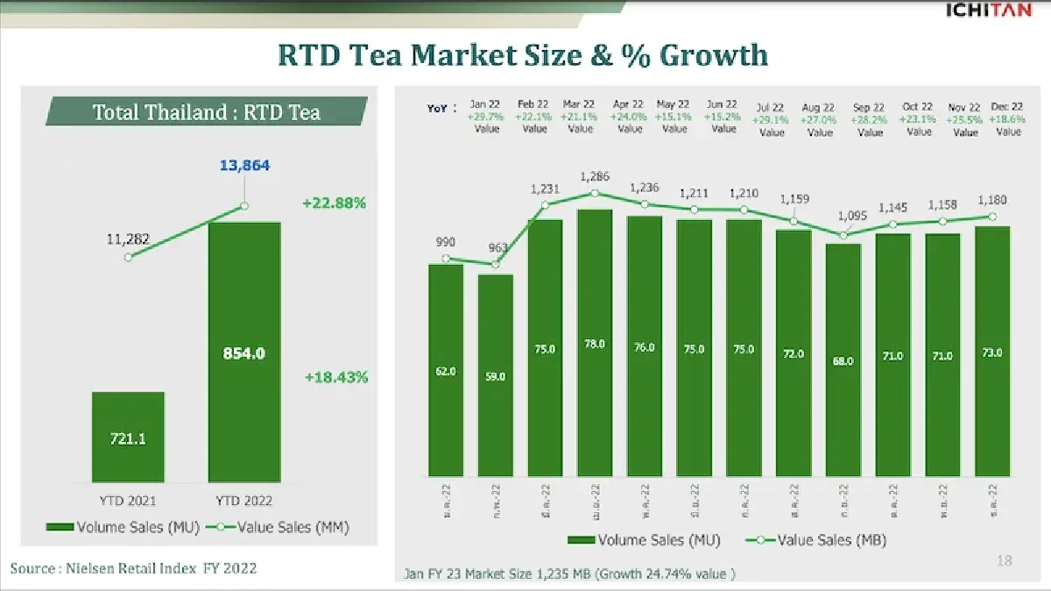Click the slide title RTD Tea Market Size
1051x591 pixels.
point(523,55)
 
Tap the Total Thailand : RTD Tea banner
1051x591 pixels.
point(207,112)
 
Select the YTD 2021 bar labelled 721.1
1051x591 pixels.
point(128,437)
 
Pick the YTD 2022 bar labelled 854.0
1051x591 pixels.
point(244,352)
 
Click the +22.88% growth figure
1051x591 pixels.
point(335,203)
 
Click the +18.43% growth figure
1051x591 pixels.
point(336,377)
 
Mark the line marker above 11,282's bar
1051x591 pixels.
point(129,257)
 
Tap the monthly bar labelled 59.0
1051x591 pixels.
point(495,375)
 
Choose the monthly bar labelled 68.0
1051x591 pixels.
point(843,360)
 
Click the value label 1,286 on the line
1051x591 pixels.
point(595,177)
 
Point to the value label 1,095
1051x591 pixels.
point(852,216)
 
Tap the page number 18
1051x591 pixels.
point(1005,561)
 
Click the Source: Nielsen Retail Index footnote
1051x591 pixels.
point(133,568)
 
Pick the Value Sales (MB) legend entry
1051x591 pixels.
point(816,540)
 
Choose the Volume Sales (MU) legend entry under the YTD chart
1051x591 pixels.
point(124,527)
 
